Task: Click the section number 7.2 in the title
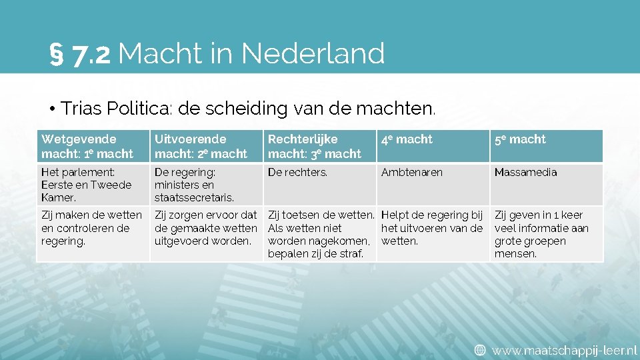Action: coord(91,55)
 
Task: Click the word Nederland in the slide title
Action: coord(313,53)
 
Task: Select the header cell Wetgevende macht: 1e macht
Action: coord(92,147)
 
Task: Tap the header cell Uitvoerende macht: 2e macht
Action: coord(205,147)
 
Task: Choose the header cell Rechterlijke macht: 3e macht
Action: coord(319,147)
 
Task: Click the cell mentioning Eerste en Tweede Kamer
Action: coord(92,185)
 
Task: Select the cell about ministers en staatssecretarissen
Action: coord(205,185)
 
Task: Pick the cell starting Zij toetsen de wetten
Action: coord(320,234)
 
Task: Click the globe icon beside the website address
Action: coord(480,349)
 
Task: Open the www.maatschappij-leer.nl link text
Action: coord(564,349)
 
